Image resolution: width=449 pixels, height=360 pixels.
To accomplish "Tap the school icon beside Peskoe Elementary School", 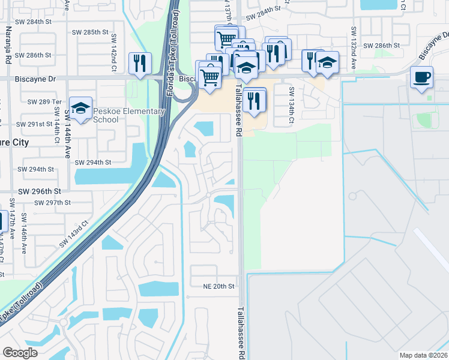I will pyautogui.click(x=80, y=109).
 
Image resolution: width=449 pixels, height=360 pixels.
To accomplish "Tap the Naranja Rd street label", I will pyautogui.click(x=8, y=47).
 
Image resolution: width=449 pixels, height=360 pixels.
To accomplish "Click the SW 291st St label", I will pyautogui.click(x=35, y=124).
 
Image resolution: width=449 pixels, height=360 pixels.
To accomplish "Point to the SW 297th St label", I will pyautogui.click(x=52, y=203).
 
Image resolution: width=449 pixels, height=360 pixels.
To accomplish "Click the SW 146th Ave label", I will pyautogui.click(x=24, y=233).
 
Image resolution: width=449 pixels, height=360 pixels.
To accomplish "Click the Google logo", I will pyautogui.click(x=20, y=353).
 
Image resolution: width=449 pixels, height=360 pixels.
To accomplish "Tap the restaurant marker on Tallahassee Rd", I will pyautogui.click(x=255, y=100).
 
